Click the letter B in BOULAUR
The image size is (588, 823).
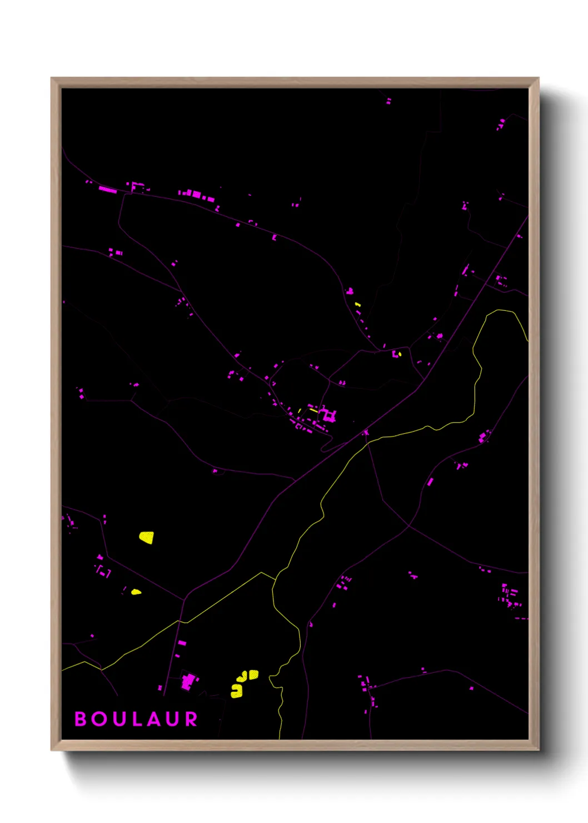[81, 719]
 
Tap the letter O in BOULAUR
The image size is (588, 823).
[99, 719]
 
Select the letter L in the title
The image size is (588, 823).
[136, 719]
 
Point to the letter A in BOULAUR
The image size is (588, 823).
[153, 719]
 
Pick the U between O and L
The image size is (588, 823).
[118, 719]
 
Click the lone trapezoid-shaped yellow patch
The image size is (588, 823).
[146, 537]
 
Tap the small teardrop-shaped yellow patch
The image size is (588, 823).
[136, 592]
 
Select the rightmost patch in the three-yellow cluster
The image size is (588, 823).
[253, 675]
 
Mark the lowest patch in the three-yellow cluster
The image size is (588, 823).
[237, 691]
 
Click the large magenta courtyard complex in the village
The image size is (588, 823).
[328, 415]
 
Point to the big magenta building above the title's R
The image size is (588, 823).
[189, 681]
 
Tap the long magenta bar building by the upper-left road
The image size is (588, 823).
[108, 190]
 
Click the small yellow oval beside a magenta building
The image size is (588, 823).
[400, 353]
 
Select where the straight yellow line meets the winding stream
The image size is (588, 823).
[275, 579]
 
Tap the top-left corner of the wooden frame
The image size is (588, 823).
[52, 78]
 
